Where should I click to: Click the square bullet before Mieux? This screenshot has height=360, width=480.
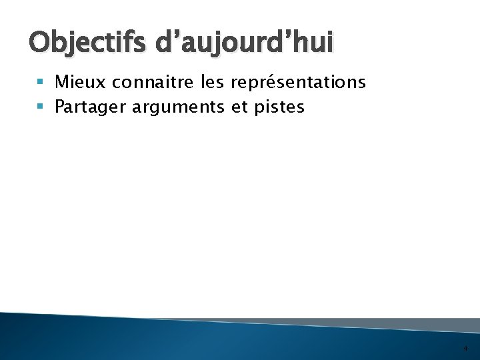coord(43,83)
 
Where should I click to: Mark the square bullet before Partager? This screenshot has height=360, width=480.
coord(43,107)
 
